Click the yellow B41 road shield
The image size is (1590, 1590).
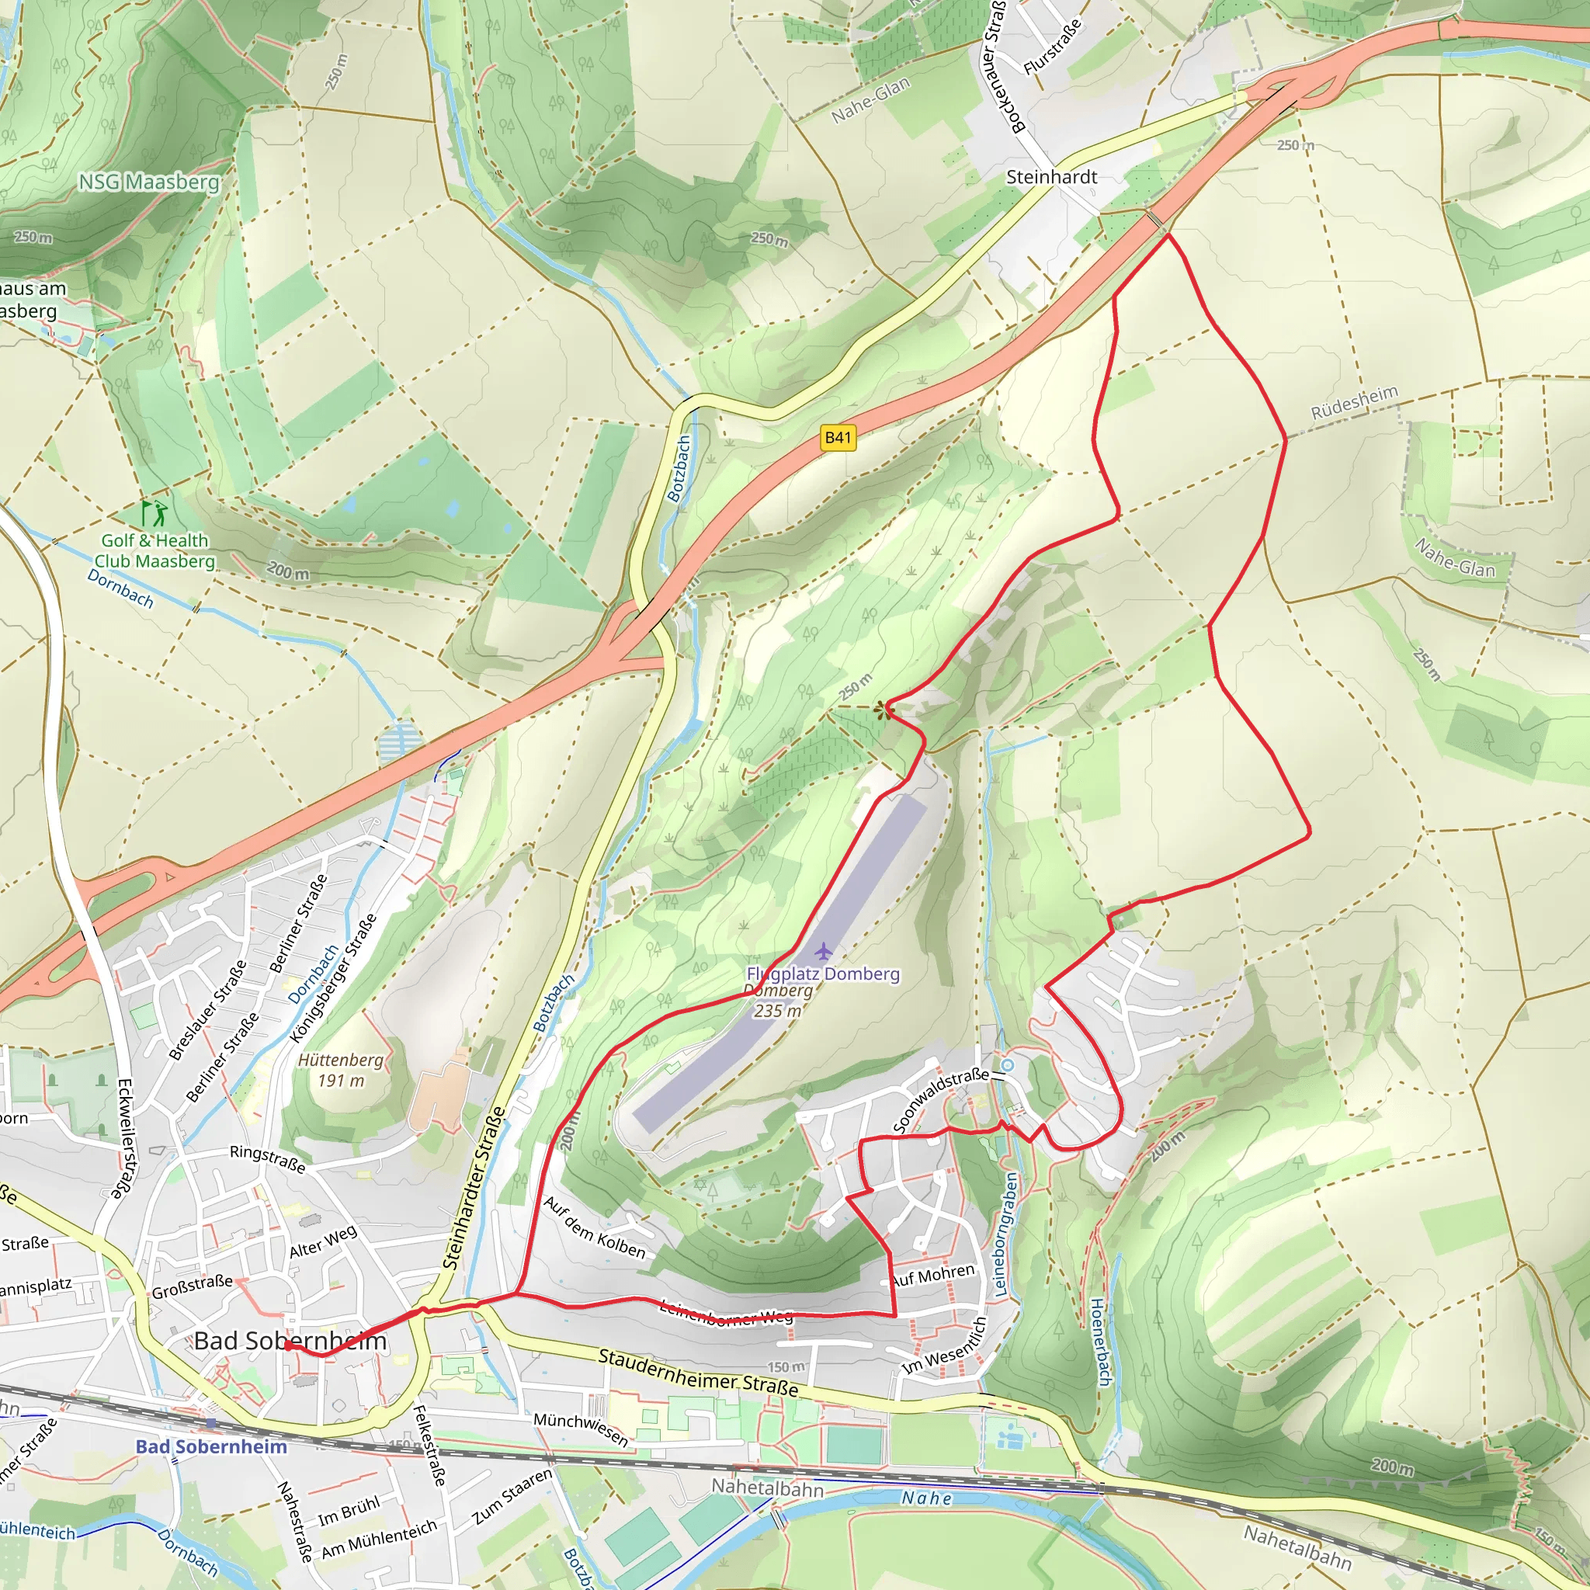[x=838, y=437]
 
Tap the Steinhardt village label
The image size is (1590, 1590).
[x=1051, y=177]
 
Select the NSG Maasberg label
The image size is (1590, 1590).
[x=149, y=182]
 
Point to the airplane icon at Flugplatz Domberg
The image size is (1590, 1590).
[x=824, y=952]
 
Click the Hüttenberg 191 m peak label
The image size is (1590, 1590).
[x=341, y=1070]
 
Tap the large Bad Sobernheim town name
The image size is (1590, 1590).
[x=290, y=1341]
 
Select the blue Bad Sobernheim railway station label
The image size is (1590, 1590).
[x=211, y=1447]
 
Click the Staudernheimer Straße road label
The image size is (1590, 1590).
[x=698, y=1372]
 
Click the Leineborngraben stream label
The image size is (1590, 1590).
[x=1005, y=1235]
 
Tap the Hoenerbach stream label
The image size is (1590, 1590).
[x=1099, y=1342]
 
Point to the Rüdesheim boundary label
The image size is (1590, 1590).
[x=1354, y=401]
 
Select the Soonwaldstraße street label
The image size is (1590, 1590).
[x=941, y=1099]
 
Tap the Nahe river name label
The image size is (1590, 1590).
[x=927, y=1498]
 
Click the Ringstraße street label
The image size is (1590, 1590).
[x=268, y=1159]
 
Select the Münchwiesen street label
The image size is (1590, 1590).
[x=581, y=1429]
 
